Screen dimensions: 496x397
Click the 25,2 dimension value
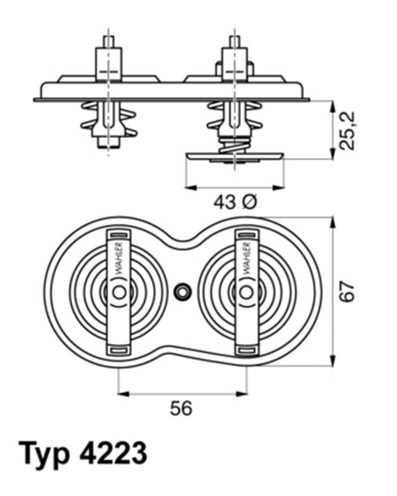click(x=351, y=129)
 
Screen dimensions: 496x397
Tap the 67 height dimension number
click(x=350, y=291)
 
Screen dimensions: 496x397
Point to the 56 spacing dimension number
click(x=181, y=408)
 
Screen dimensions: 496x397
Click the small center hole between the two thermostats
click(x=182, y=291)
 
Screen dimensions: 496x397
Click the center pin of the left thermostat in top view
click(x=118, y=291)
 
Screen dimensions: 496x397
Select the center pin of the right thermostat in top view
click(x=247, y=291)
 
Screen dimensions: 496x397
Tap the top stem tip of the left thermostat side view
click(x=107, y=40)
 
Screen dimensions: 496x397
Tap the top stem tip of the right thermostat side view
click(x=234, y=40)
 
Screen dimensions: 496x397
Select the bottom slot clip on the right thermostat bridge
click(x=247, y=349)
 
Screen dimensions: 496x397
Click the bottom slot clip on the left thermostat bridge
click(x=118, y=349)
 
